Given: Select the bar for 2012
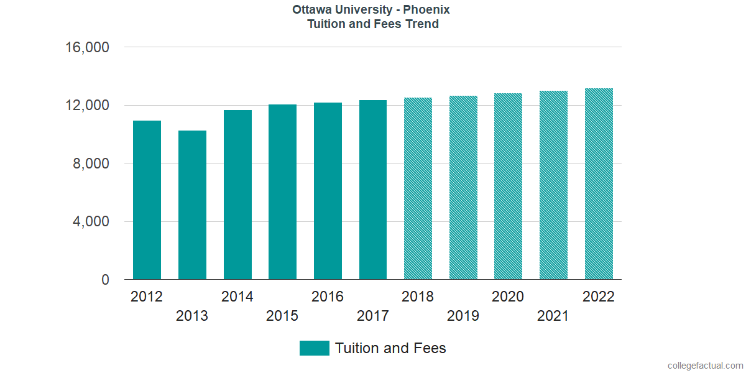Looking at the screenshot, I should tap(147, 200).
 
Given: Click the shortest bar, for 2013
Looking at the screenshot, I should tap(192, 205).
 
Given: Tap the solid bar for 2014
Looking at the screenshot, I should tap(237, 195).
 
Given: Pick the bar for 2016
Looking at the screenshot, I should tap(328, 191).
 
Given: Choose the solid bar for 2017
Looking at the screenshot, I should tap(373, 190).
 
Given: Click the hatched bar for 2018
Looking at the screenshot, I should tap(418, 188).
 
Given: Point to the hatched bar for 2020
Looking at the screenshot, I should tap(508, 186).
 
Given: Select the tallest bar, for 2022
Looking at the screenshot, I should tap(599, 184).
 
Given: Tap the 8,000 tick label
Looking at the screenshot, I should tap(91, 163).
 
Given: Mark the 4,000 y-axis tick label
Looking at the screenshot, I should tap(91, 222).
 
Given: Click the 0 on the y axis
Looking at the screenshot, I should tap(105, 280).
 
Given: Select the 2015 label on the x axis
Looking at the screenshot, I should tap(282, 316).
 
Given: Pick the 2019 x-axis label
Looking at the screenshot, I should tap(463, 316).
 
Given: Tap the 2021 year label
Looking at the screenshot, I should tap(553, 316).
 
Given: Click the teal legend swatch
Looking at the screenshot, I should tap(314, 348).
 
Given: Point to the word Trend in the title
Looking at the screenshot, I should tap(420, 24).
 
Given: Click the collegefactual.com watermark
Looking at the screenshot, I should tap(705, 366).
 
